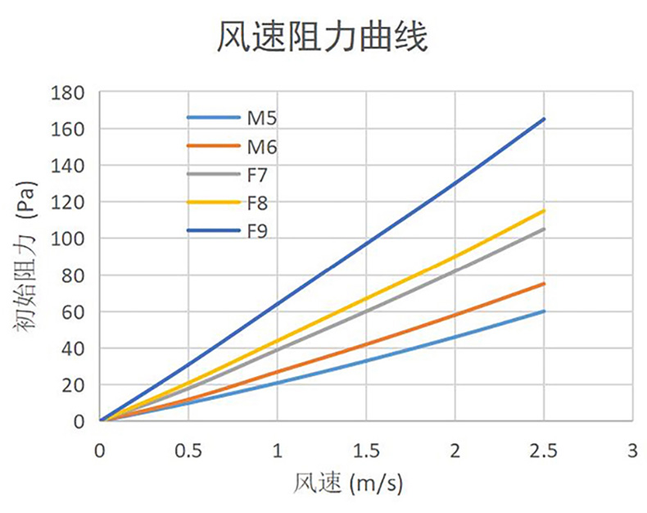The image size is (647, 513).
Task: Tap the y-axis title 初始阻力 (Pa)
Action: [x=27, y=257]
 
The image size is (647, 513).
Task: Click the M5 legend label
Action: [x=261, y=119]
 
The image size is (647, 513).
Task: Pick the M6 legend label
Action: [x=261, y=148]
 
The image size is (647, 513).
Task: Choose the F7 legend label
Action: [x=259, y=175]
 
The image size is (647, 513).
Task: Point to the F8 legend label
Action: [x=259, y=203]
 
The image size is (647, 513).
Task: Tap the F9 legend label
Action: [x=259, y=231]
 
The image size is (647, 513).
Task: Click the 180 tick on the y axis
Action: [x=68, y=93]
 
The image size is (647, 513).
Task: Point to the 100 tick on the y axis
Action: [x=68, y=238]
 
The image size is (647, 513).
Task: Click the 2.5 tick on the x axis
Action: [x=544, y=450]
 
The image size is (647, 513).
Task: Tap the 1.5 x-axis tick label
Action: [x=366, y=450]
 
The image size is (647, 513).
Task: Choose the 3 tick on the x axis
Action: [x=631, y=450]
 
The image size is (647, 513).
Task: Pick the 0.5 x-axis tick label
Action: [x=188, y=450]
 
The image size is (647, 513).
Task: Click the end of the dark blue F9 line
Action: [x=544, y=119]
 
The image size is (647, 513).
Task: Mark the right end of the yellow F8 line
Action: [x=544, y=211]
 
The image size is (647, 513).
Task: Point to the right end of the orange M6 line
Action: [x=544, y=284]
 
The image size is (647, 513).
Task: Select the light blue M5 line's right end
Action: [x=544, y=311]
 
